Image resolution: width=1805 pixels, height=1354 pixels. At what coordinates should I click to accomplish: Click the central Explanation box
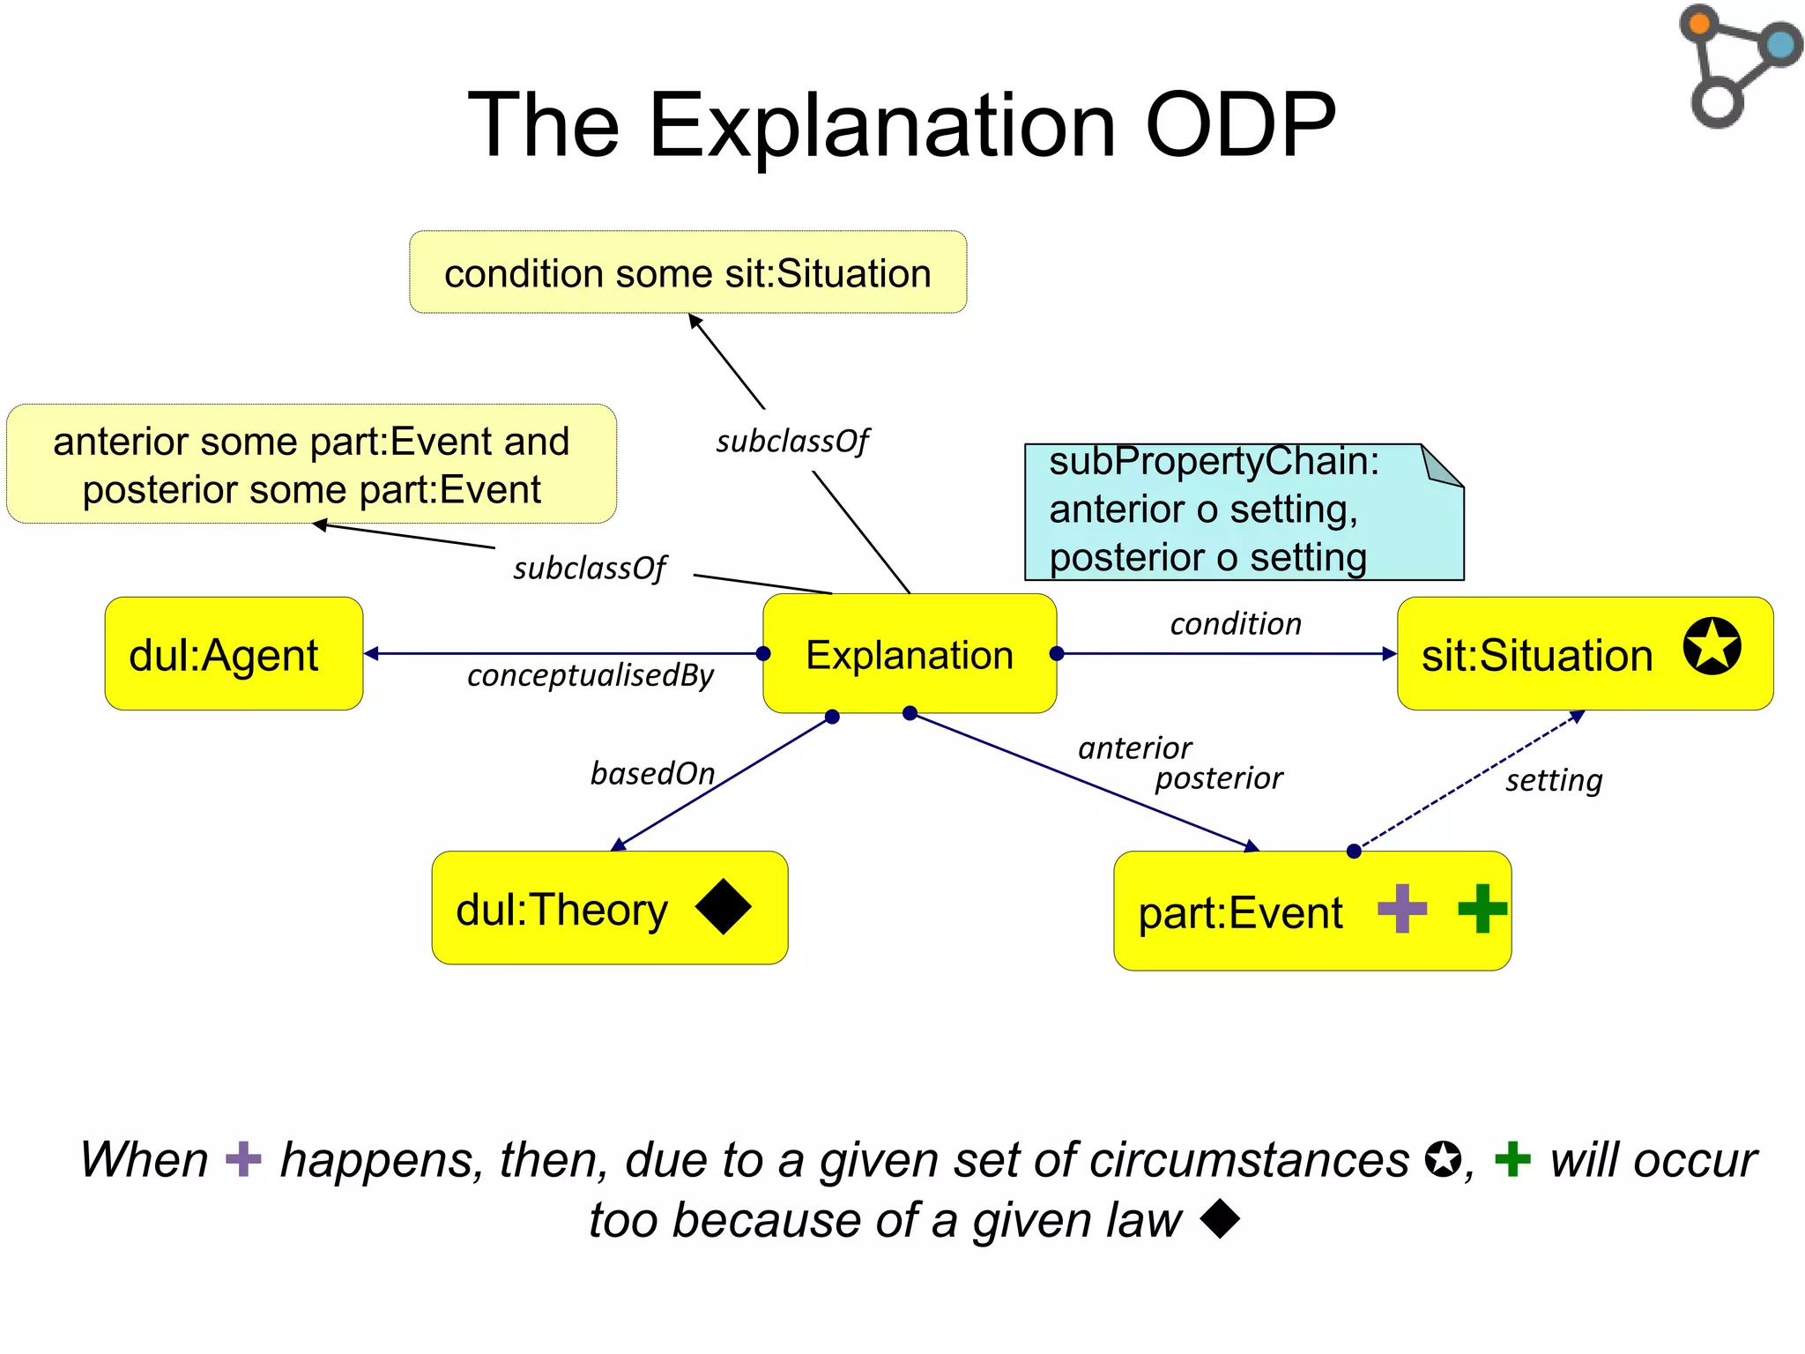tap(909, 654)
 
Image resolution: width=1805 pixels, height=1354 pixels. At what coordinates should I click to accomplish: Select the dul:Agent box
tap(234, 654)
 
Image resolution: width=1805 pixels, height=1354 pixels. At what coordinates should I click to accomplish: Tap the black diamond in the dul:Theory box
tap(723, 906)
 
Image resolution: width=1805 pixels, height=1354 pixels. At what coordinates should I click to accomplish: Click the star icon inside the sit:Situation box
tap(1712, 645)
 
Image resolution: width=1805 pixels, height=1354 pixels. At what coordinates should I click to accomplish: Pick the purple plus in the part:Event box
tap(1401, 908)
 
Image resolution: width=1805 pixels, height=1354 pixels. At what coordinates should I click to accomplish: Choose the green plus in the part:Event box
tap(1482, 908)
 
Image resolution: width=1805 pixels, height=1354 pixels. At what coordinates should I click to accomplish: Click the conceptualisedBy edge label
tap(590, 675)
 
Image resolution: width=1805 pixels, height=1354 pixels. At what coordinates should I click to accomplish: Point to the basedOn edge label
tap(652, 773)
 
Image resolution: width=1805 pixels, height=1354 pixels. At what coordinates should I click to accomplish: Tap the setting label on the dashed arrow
tap(1553, 780)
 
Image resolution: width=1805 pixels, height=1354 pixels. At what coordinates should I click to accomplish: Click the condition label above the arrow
tap(1235, 624)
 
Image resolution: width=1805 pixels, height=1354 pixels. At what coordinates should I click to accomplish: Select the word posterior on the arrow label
tap(1218, 778)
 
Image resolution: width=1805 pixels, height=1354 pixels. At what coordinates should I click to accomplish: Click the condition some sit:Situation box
tap(687, 272)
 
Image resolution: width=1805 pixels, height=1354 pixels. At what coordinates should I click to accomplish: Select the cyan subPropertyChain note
tap(1243, 511)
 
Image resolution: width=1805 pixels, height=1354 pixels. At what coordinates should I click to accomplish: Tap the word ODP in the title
tap(1240, 125)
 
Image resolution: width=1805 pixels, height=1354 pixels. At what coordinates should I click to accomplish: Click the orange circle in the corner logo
tap(1699, 23)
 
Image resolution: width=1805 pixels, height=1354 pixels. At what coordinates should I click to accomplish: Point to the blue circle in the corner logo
tap(1780, 44)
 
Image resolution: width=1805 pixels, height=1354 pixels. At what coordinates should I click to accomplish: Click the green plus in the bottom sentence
tap(1512, 1159)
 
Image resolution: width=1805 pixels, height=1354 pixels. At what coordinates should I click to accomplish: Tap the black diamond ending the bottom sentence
tap(1221, 1219)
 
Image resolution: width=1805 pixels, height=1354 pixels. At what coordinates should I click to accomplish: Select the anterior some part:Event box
tap(311, 465)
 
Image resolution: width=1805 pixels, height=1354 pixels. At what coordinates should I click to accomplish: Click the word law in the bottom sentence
tap(1143, 1221)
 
